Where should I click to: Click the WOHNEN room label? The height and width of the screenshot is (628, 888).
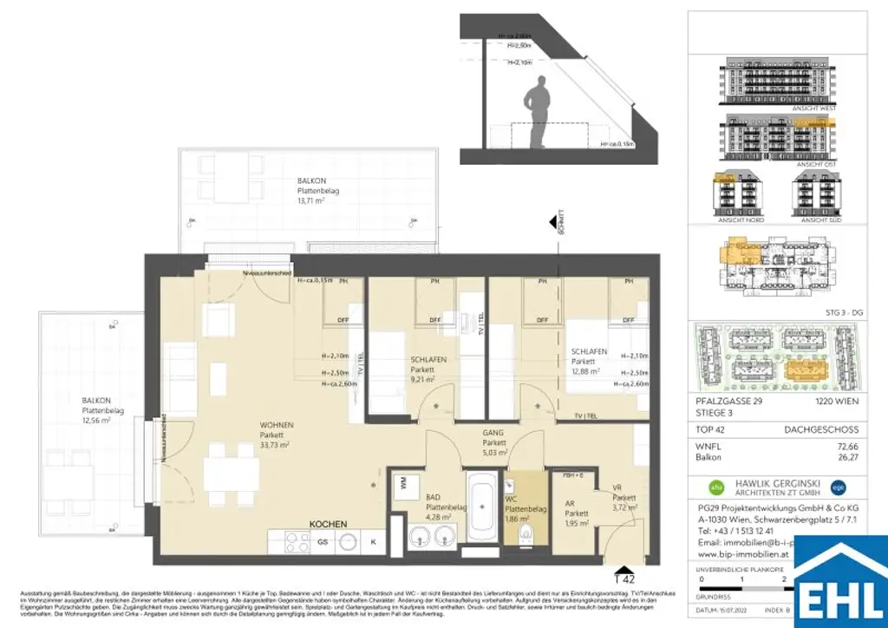[277, 425]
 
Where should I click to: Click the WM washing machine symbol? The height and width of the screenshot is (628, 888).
[402, 483]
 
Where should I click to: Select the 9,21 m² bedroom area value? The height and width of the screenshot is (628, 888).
[424, 378]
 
